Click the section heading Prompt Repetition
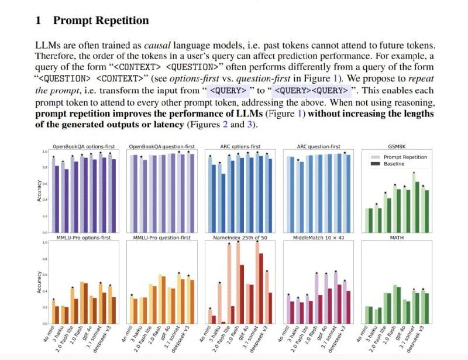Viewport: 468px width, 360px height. click(x=101, y=21)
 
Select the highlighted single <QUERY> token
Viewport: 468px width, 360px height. click(x=229, y=91)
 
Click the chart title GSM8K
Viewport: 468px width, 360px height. click(x=398, y=146)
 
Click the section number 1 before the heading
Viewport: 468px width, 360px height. click(x=38, y=21)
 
